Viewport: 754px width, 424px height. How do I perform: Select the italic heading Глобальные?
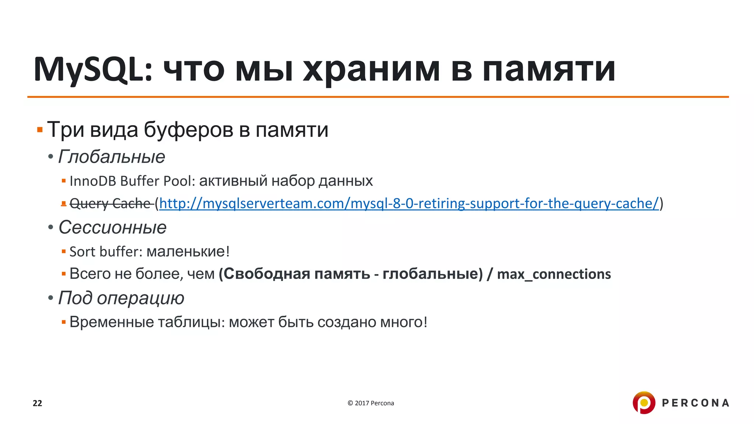click(x=112, y=157)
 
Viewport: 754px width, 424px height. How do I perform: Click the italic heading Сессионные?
click(x=112, y=227)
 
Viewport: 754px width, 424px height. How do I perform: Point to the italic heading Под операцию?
click(x=121, y=298)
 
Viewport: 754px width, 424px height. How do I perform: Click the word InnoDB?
click(x=92, y=181)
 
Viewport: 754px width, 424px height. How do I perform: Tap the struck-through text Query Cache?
click(x=110, y=204)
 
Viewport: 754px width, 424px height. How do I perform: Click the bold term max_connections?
click(x=554, y=274)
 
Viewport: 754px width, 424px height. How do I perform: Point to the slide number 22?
click(x=38, y=403)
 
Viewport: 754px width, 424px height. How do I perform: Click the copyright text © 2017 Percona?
click(x=371, y=403)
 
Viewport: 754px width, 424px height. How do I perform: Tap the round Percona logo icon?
click(x=644, y=403)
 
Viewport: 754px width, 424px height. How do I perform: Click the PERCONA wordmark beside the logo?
click(x=695, y=403)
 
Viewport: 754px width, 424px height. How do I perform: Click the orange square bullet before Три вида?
click(x=40, y=130)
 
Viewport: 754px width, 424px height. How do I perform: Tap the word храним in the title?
click(x=371, y=70)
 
